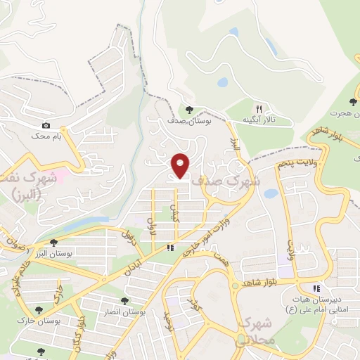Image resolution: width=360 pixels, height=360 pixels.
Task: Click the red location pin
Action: point(181,165)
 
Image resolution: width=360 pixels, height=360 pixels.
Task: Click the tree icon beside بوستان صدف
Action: point(190,109)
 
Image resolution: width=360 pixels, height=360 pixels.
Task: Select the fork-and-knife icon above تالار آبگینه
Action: point(259,109)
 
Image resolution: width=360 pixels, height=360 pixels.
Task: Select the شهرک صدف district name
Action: point(226,180)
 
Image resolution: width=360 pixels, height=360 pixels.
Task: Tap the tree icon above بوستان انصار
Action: point(124,301)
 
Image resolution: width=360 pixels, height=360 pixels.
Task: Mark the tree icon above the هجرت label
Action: point(353,103)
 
